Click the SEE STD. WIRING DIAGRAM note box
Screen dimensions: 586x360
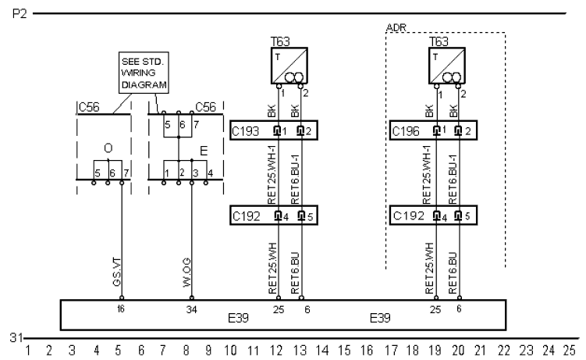[x=144, y=73]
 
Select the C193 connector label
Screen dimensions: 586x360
[x=245, y=131]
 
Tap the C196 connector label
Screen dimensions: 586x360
[x=406, y=131]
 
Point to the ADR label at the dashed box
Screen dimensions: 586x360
[x=396, y=27]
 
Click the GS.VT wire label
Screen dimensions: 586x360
[x=117, y=273]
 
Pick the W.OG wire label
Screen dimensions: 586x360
[x=186, y=273]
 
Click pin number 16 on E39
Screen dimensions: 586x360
[x=120, y=309]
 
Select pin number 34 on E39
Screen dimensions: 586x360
[x=191, y=309]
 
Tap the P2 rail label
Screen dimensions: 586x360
[x=20, y=14]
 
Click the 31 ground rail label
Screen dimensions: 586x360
[x=16, y=337]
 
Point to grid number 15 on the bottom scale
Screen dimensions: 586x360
[x=344, y=351]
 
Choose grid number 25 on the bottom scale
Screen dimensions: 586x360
[x=569, y=351]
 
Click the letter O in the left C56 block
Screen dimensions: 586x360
[x=108, y=148]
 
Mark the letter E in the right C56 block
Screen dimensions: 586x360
[x=204, y=151]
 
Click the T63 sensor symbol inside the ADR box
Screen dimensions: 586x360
[x=447, y=66]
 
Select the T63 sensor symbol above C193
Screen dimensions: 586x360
[x=289, y=66]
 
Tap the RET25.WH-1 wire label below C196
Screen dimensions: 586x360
[x=426, y=175]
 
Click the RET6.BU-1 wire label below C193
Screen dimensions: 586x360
[x=295, y=179]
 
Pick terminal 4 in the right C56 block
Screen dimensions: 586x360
[x=211, y=173]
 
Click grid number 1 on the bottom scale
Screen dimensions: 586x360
[x=27, y=351]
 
